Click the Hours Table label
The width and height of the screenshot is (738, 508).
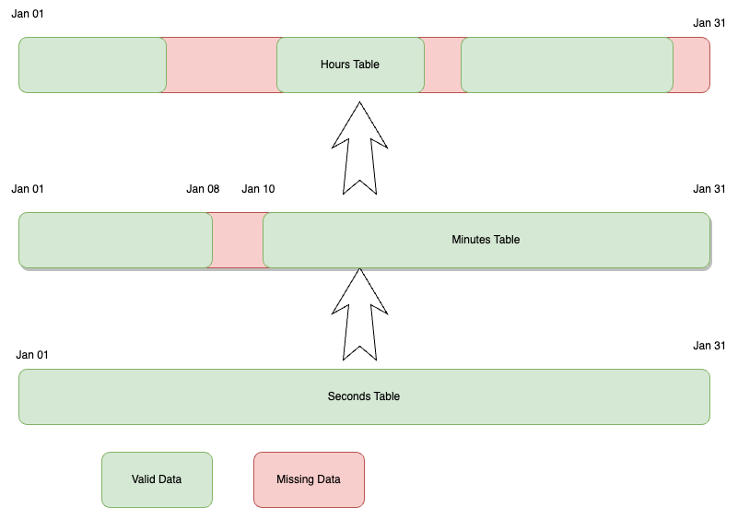tap(350, 65)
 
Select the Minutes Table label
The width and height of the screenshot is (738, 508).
tap(486, 240)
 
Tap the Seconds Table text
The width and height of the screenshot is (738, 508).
tap(364, 396)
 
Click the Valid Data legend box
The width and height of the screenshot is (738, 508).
tap(157, 479)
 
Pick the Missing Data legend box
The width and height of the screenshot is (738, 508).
tap(309, 479)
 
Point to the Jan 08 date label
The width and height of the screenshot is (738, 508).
tap(203, 189)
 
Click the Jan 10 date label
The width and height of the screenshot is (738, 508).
tap(258, 189)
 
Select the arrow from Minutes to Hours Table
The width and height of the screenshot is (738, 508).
tap(359, 148)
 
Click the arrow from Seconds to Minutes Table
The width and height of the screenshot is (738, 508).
tap(359, 313)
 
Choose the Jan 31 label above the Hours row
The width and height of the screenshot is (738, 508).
tap(709, 23)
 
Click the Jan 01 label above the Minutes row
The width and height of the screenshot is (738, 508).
tap(28, 189)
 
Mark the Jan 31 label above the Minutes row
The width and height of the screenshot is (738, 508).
tap(709, 189)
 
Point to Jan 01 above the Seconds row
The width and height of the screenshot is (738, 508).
tap(32, 355)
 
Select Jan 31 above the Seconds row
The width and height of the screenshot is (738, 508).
tap(709, 346)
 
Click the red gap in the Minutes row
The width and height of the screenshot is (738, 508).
tap(238, 240)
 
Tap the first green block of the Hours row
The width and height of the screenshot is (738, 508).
tap(92, 65)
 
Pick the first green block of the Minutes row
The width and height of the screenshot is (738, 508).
tap(115, 240)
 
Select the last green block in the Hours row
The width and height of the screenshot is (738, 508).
tap(567, 65)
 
